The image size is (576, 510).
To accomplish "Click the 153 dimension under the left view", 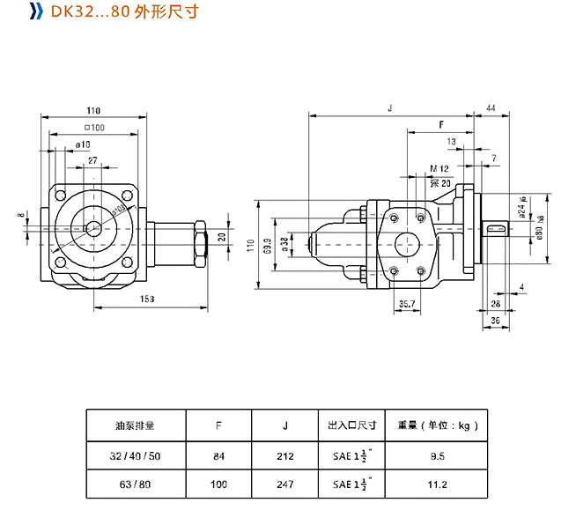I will pos(146,299).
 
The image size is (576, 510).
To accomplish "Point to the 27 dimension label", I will pos(92,160).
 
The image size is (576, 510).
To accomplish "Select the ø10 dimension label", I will pos(84,144).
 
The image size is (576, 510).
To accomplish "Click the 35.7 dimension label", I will pos(406,304).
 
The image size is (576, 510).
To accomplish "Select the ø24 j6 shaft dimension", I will pos(522,209).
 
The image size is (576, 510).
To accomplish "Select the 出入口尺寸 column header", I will pos(352,425).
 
